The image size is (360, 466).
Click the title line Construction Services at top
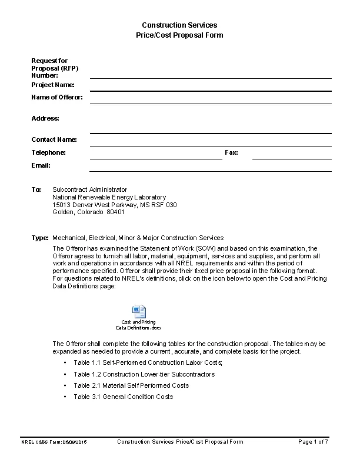(179, 25)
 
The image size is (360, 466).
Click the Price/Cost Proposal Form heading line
(179, 35)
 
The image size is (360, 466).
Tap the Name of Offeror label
(56, 97)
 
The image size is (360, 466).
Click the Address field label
(45, 118)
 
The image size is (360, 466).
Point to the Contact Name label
(54, 139)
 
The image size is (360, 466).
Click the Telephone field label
(48, 152)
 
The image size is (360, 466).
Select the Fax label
(231, 152)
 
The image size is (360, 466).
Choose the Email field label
(41, 165)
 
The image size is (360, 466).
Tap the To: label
(36, 189)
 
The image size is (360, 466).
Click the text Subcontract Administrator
(89, 189)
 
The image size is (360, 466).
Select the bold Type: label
(39, 238)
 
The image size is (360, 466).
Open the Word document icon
(139, 312)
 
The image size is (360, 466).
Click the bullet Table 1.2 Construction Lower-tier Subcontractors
(144, 374)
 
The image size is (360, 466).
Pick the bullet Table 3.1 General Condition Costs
(123, 397)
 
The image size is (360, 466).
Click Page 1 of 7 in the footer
(313, 441)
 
